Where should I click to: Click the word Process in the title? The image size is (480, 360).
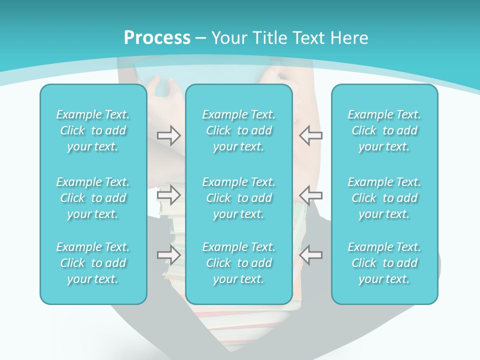[157, 37]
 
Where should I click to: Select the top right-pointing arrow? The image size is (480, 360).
[168, 134]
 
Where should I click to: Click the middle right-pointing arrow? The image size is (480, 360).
[168, 194]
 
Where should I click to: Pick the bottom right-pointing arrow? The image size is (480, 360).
[168, 255]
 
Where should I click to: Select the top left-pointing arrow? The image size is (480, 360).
[310, 135]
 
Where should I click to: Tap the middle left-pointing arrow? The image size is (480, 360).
[310, 194]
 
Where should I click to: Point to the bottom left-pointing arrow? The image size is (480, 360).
[310, 255]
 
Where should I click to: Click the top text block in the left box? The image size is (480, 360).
[93, 130]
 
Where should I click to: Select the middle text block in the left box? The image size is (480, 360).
[93, 198]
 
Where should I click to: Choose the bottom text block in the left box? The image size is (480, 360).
[93, 263]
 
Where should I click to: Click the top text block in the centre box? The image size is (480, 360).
[239, 130]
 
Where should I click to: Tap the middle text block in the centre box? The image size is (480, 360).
[239, 198]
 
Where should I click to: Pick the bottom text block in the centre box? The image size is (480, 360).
[239, 263]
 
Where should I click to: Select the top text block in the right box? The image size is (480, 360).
[384, 130]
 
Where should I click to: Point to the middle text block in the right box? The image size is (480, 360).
[384, 198]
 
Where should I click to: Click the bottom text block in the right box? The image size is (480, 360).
[384, 263]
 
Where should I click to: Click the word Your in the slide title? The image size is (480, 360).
[227, 38]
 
